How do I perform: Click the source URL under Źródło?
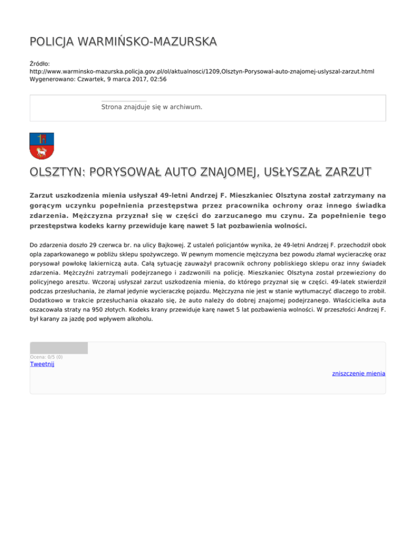202,71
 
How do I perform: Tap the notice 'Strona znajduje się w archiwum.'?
152,107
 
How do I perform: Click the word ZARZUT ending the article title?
344,172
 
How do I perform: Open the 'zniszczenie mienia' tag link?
359,374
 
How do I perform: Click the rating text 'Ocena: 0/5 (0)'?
46,357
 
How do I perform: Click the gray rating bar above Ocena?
58,348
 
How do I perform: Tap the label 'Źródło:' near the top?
40,63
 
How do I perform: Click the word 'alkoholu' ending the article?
140,319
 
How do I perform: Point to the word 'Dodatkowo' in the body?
46,299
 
